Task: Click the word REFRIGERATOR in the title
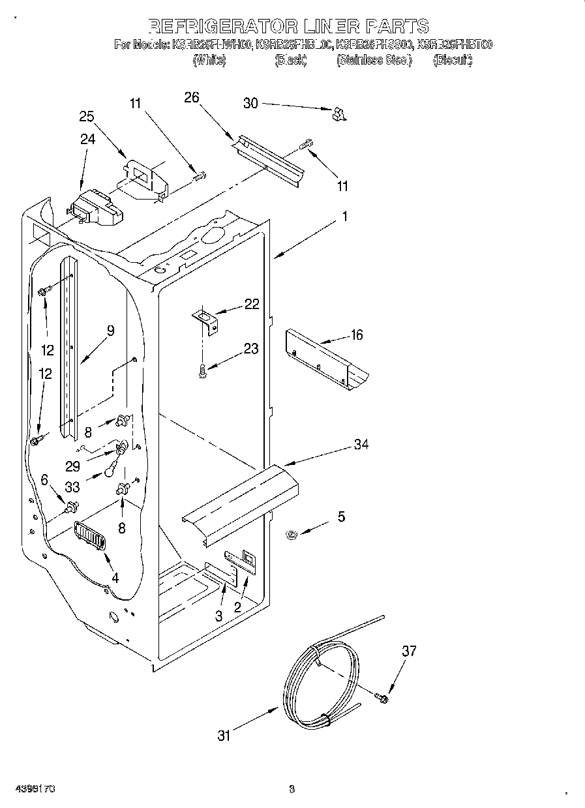click(222, 26)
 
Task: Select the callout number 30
click(251, 102)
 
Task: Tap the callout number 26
click(191, 97)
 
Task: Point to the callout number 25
click(87, 117)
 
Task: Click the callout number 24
click(87, 138)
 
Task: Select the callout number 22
click(251, 304)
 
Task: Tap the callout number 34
click(361, 444)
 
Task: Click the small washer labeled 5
click(292, 535)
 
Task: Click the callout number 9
click(110, 331)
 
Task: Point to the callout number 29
click(72, 466)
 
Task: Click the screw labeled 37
click(383, 698)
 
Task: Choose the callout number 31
click(224, 736)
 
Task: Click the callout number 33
click(72, 486)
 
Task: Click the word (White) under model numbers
click(209, 61)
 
